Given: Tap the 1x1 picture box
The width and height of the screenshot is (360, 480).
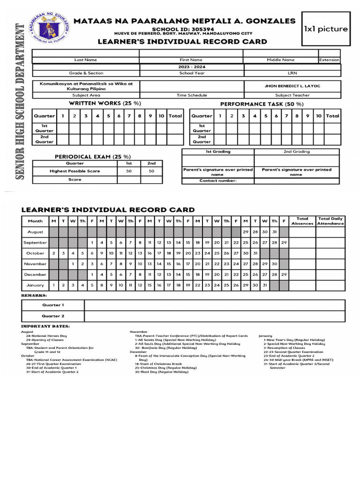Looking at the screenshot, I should point(326,29).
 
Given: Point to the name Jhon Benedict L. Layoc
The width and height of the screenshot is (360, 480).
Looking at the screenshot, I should point(292,86).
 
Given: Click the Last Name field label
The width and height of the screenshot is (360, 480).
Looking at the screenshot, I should point(85,60).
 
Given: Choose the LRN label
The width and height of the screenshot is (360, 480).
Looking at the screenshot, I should point(292,73).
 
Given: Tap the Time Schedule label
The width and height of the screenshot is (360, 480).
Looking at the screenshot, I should point(191,95).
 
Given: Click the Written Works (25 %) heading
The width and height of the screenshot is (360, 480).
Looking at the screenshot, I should point(105,103).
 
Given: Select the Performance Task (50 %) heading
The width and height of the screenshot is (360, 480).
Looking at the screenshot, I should point(262,104).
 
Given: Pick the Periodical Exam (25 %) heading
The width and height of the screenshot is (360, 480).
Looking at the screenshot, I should point(93,156).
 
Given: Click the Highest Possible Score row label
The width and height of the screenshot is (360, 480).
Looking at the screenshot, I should point(75,171).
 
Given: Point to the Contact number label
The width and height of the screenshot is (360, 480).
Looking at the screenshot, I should point(218,180).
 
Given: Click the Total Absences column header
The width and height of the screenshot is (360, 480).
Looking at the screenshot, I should point(302,221).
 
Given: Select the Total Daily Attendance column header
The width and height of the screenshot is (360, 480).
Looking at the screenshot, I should point(330,221).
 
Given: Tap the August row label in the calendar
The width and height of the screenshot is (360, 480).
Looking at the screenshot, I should point(35,232).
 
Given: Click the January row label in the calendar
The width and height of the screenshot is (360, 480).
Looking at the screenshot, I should point(35,285).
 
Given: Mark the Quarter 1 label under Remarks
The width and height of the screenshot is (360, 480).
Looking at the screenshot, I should point(53,305).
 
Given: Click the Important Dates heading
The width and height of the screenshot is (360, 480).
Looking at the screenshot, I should point(45,326).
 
